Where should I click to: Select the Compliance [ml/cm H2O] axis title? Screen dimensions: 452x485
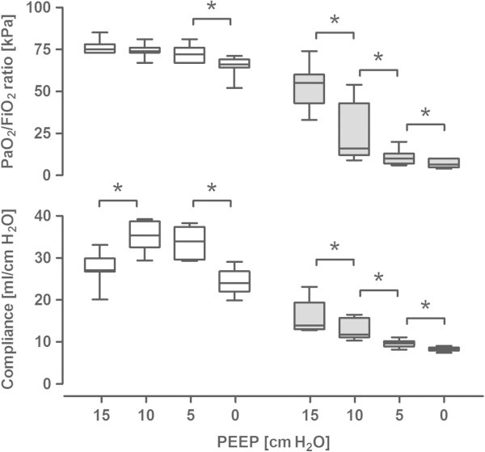click(11, 300)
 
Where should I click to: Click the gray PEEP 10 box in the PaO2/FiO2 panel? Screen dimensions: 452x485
click(354, 129)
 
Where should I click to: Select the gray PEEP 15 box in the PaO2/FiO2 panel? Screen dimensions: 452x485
click(310, 88)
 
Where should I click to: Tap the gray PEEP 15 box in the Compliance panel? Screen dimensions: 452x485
click(310, 315)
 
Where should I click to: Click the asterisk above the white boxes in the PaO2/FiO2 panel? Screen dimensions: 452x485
click(212, 8)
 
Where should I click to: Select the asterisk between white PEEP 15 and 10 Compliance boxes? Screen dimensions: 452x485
click(118, 188)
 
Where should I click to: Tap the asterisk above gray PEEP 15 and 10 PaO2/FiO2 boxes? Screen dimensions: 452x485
click(334, 22)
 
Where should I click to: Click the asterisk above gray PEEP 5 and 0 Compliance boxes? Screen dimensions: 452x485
click(424, 306)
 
